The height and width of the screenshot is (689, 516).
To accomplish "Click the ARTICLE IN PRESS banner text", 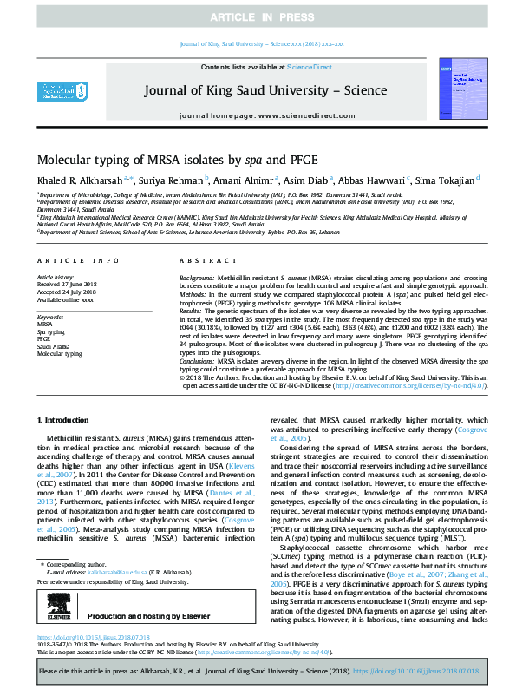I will pyautogui.click(x=257, y=16).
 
